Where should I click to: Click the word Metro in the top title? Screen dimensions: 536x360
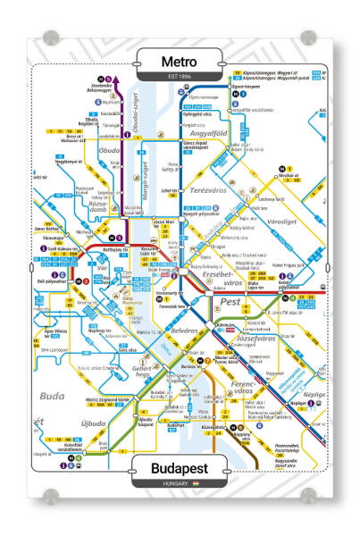point(180,61)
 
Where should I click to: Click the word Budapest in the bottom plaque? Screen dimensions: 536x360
point(180,467)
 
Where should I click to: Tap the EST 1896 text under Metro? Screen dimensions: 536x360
point(180,77)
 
